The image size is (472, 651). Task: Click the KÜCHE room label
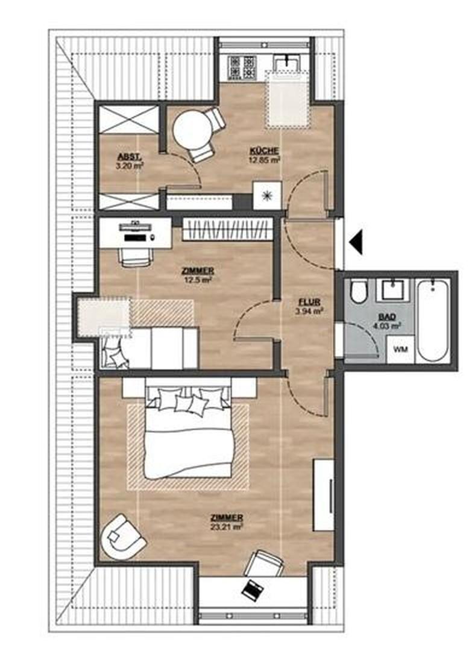pos(264,151)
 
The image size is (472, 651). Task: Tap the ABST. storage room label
pos(130,157)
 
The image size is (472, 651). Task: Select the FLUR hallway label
pos(309,302)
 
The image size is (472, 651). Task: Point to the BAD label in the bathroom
pos(387,317)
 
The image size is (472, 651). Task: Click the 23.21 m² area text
pos(226,527)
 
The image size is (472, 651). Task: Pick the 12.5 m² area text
pos(198,280)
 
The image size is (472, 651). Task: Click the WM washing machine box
pos(400,349)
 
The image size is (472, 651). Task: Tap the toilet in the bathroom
pos(358,292)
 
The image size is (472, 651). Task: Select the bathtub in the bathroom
pos(433,321)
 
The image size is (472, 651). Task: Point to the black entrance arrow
pos(356,242)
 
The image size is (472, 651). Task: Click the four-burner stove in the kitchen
pos(242,68)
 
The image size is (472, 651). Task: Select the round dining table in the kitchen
pos(190,130)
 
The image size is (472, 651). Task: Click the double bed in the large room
pos(188,433)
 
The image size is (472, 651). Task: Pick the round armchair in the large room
pos(123,537)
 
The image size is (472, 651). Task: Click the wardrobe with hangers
pos(227,229)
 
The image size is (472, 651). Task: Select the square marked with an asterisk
pos(267,195)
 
